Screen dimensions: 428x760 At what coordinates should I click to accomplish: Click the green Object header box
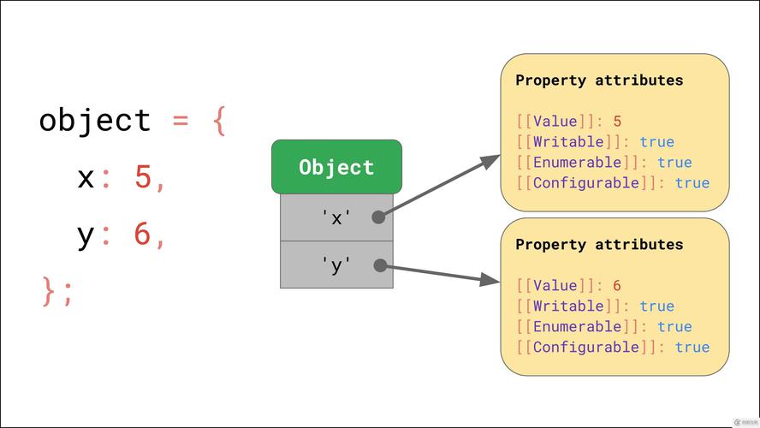coord(336,167)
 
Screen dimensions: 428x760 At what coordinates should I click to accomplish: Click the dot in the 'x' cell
coord(378,217)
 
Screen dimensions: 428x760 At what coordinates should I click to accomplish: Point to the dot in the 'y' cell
coord(378,266)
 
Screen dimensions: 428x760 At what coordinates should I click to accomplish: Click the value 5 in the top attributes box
coord(617,122)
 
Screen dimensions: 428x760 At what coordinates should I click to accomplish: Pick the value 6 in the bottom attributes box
coord(617,286)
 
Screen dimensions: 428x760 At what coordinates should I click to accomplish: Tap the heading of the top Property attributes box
coord(599,80)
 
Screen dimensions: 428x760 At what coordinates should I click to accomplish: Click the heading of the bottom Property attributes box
coord(599,245)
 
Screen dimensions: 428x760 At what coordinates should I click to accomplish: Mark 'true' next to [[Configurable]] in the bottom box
coord(692,348)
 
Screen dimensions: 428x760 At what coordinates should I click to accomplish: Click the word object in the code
coord(95,120)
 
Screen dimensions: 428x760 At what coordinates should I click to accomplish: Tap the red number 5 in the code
coord(143,177)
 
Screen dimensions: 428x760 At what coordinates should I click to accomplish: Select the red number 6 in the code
coord(143,234)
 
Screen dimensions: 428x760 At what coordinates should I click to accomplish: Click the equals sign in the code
coord(181,120)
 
